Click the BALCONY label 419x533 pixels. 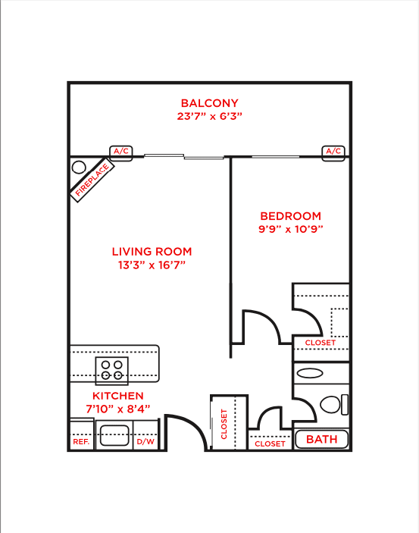[x=209, y=103]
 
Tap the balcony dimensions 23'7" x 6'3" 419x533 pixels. [x=209, y=117]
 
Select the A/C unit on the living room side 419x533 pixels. [x=121, y=152]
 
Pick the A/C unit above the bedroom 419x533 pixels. [x=333, y=152]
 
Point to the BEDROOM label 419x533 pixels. [x=290, y=216]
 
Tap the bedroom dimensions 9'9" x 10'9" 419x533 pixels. [x=290, y=229]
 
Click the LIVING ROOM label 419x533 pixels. [x=152, y=252]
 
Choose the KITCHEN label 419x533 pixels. [x=117, y=397]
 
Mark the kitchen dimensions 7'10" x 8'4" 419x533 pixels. [x=117, y=409]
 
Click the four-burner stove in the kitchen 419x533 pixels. [x=112, y=369]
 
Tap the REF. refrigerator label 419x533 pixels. [x=80, y=442]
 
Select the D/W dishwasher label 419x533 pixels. [x=145, y=442]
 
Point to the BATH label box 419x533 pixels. [x=321, y=439]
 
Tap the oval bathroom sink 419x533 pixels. [x=309, y=373]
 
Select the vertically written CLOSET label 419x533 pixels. [x=224, y=424]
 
